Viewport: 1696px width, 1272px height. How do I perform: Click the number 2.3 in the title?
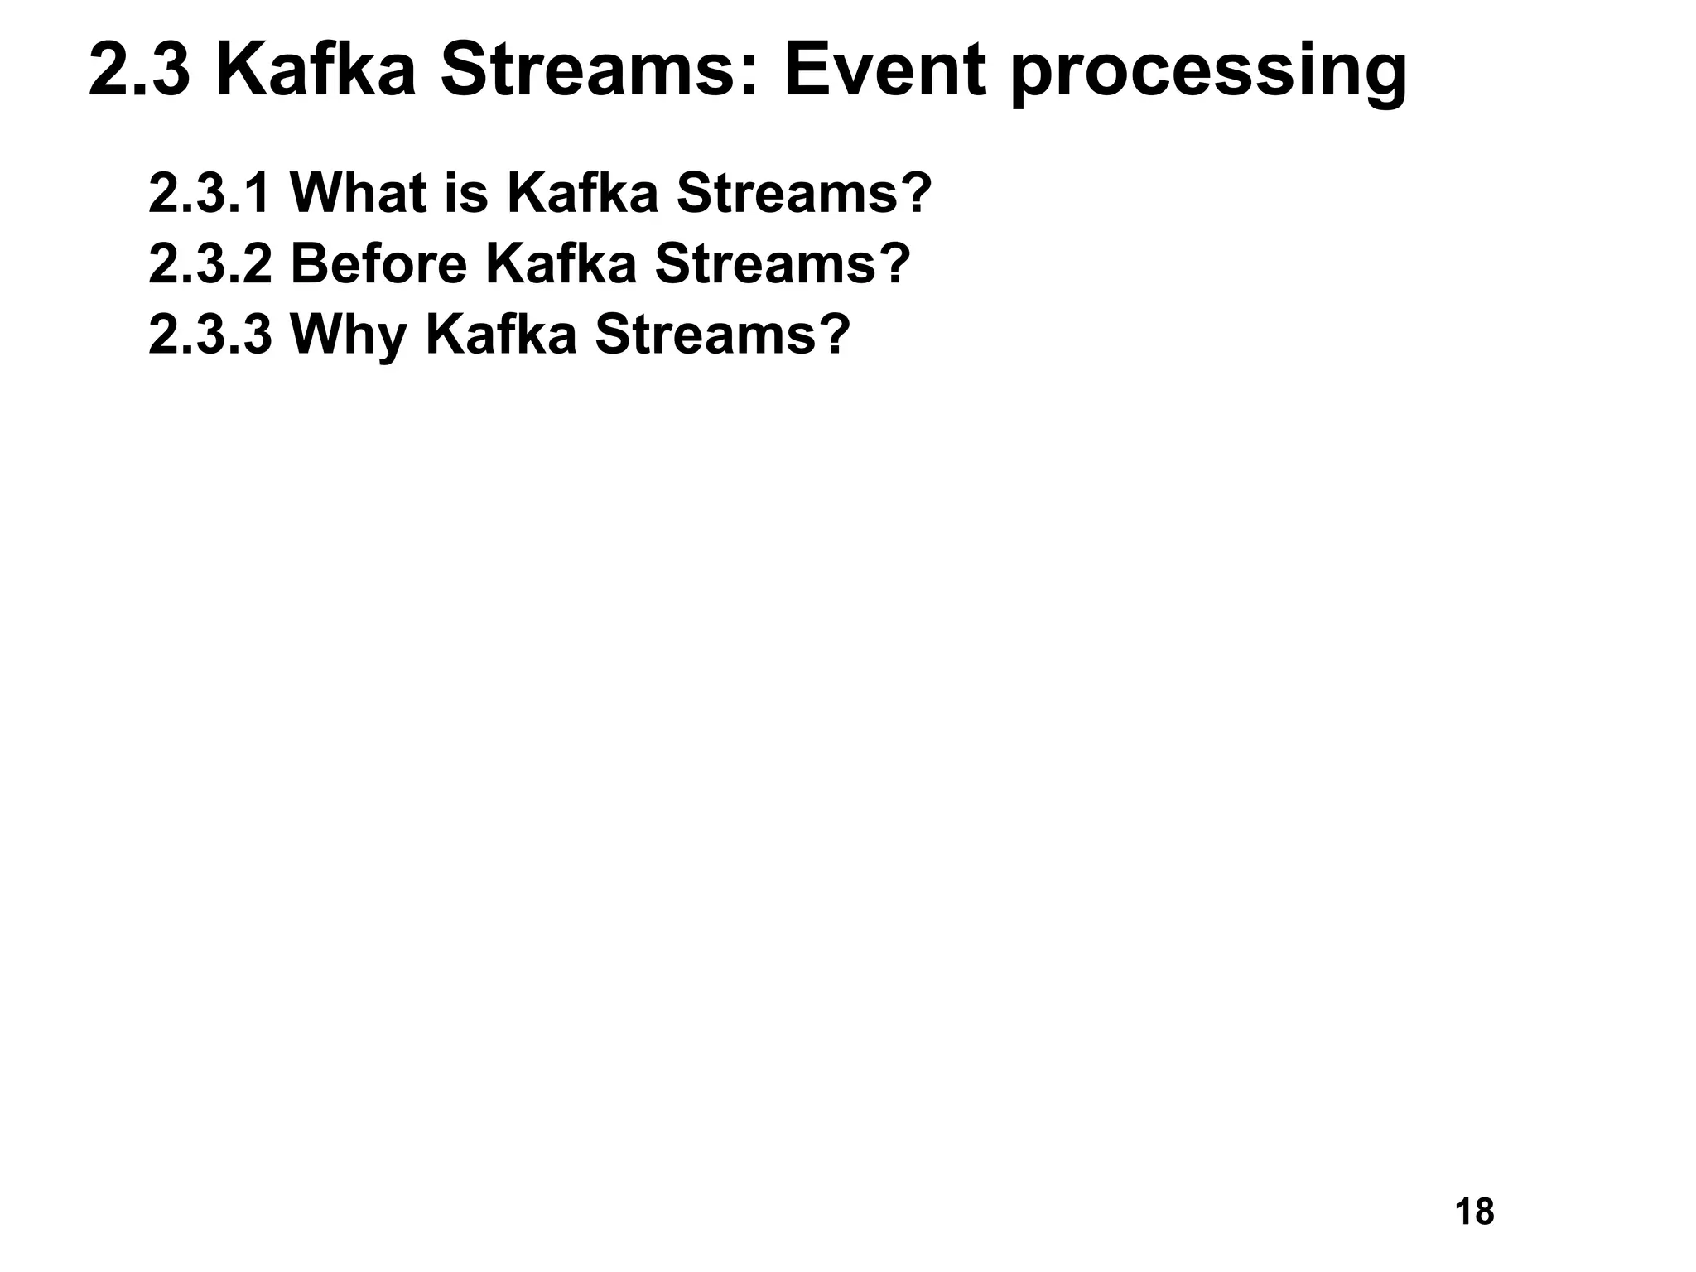[139, 71]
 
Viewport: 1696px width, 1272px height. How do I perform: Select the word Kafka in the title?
[315, 71]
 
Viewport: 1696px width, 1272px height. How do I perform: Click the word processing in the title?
[1209, 75]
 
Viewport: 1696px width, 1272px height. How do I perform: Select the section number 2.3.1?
[210, 193]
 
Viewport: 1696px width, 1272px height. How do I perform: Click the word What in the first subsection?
[359, 193]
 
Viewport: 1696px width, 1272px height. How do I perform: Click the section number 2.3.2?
[210, 264]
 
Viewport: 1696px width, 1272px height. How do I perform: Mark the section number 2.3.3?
[210, 335]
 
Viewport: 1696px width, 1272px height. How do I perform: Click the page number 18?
[1474, 1212]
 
